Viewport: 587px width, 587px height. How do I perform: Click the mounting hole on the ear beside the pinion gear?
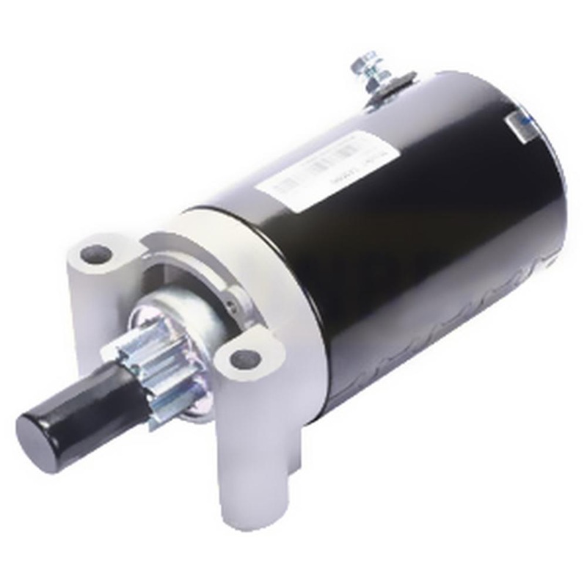click(245, 358)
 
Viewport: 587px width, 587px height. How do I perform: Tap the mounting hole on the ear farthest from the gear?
click(97, 255)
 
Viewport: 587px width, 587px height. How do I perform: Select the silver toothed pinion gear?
click(154, 367)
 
